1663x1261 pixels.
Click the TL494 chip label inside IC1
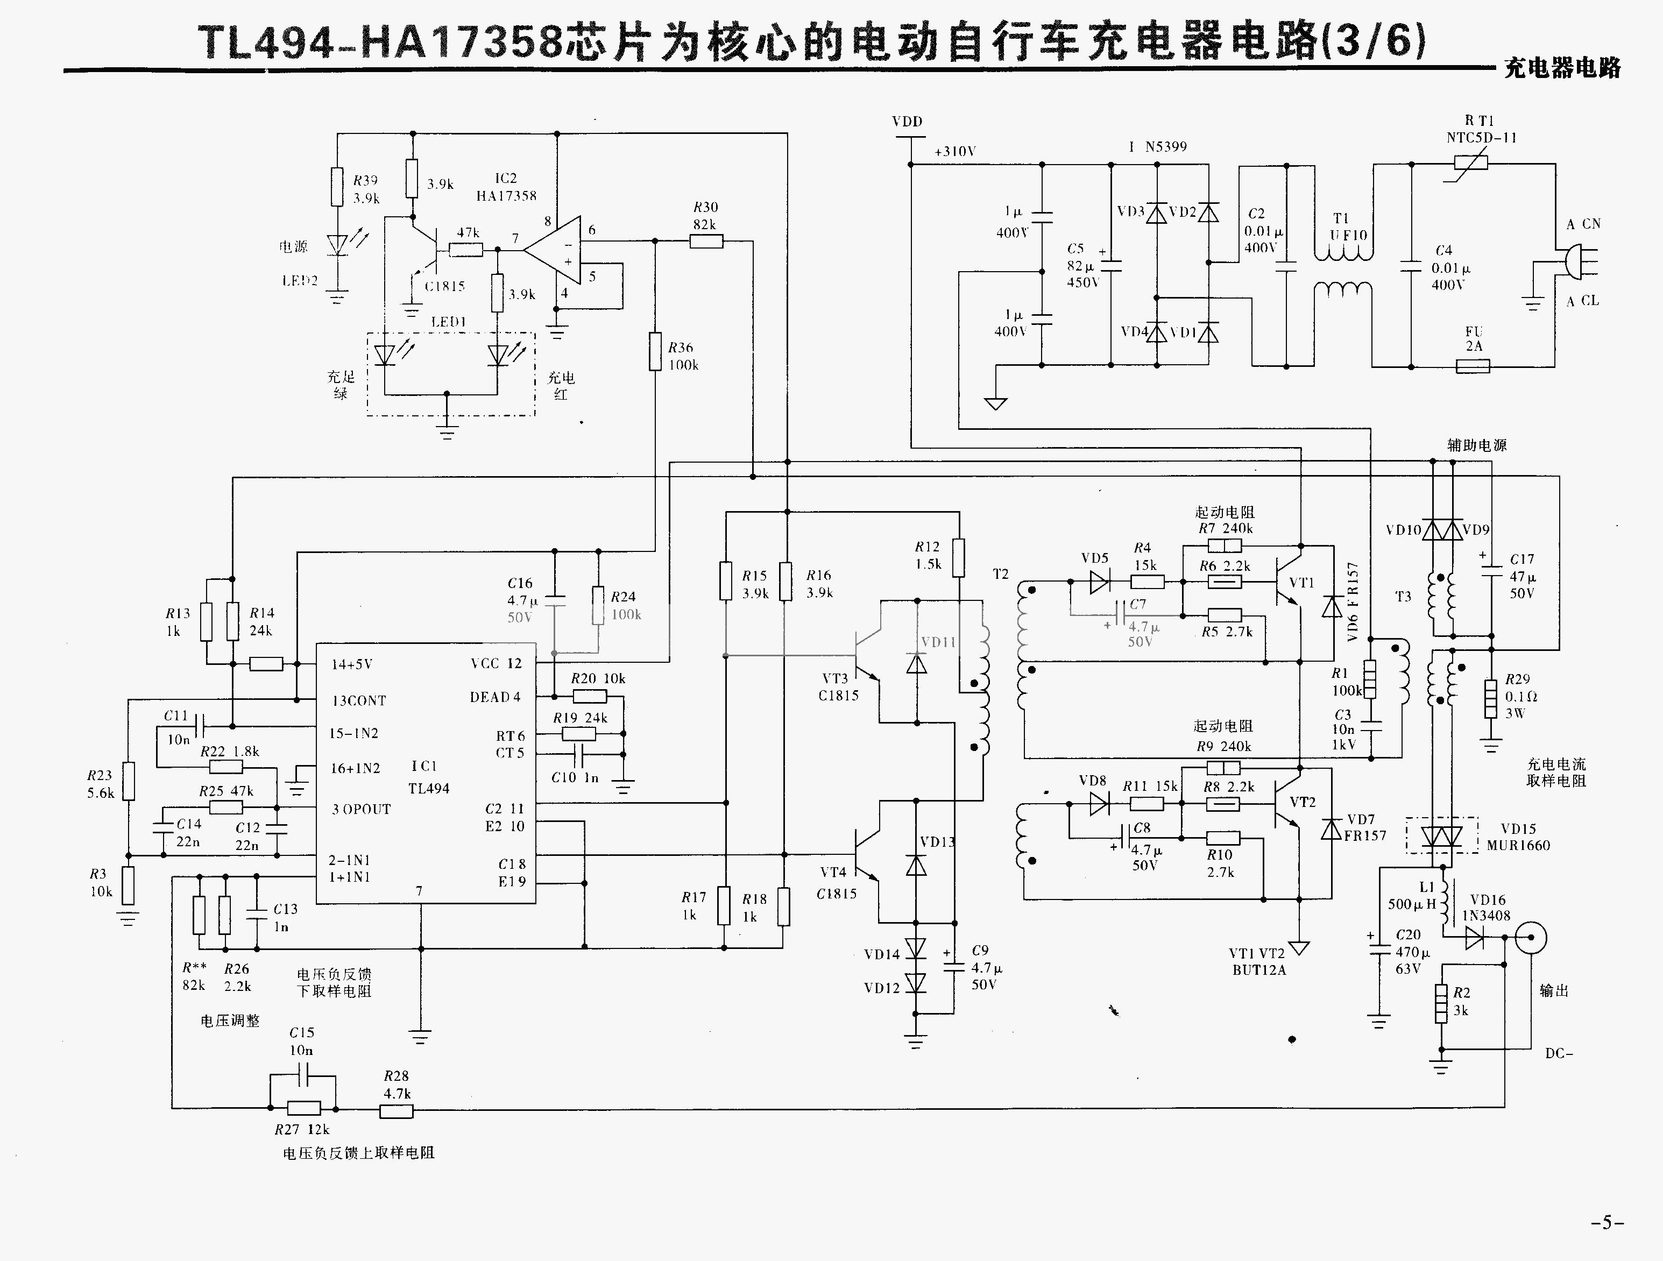pyautogui.click(x=429, y=788)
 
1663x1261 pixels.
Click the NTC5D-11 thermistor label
pyautogui.click(x=1481, y=138)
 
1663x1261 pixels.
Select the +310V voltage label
pyautogui.click(x=955, y=151)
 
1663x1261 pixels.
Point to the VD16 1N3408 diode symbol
pyautogui.click(x=1474, y=937)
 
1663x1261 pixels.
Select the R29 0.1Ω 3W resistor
pyautogui.click(x=1491, y=698)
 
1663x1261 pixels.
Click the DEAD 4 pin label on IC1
pyautogui.click(x=494, y=697)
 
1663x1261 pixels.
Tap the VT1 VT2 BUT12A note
pyautogui.click(x=1258, y=962)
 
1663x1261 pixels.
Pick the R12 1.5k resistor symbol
pyautogui.click(x=958, y=557)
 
